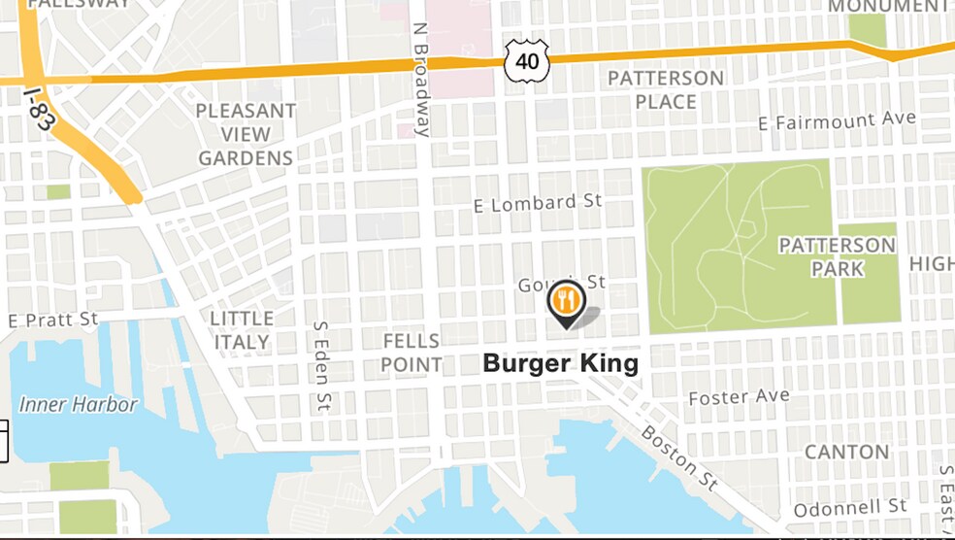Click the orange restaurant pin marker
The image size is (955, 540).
pyautogui.click(x=565, y=301)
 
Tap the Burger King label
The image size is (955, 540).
pyautogui.click(x=561, y=364)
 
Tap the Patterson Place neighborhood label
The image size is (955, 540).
pyautogui.click(x=666, y=89)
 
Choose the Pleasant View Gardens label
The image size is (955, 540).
pyautogui.click(x=246, y=134)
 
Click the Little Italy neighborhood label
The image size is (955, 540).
pyautogui.click(x=242, y=330)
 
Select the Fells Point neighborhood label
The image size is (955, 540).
pyautogui.click(x=412, y=353)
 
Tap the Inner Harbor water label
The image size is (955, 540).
pyautogui.click(x=79, y=404)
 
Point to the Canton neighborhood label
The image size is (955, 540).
pyautogui.click(x=846, y=452)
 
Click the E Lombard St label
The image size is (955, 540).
pyautogui.click(x=538, y=203)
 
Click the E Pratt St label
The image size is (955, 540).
pyautogui.click(x=53, y=319)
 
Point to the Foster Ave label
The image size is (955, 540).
pyautogui.click(x=739, y=396)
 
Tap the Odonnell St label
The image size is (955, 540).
pyautogui.click(x=849, y=508)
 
